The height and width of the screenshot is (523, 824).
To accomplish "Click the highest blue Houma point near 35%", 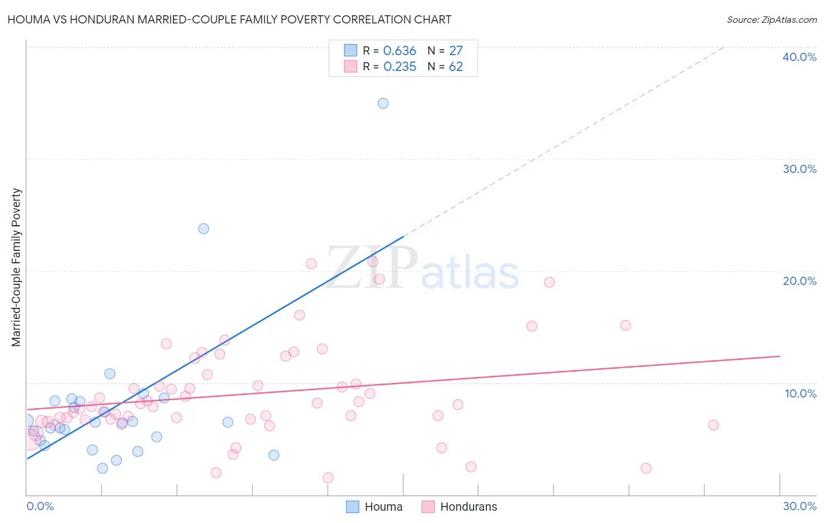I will [x=383, y=103].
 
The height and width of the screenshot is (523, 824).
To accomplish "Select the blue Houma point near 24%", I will [x=203, y=229].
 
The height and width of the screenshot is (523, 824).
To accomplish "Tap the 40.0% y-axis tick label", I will [x=799, y=57].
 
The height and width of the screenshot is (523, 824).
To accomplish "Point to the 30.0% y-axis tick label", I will [x=799, y=169].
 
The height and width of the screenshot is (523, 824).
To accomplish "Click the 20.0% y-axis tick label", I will [x=799, y=281].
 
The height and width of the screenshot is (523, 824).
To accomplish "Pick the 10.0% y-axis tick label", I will [x=801, y=393].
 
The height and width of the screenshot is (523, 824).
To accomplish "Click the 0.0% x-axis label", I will [x=40, y=506].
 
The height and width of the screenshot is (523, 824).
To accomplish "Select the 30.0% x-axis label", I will [x=799, y=506].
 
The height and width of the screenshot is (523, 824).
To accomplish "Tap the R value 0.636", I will [x=400, y=51].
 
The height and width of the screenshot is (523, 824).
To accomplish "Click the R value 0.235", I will [x=400, y=67].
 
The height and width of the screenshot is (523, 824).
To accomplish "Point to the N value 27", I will [x=456, y=51].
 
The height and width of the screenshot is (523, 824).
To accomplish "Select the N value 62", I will [x=456, y=67].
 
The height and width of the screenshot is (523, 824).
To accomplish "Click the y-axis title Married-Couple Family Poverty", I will [x=16, y=267].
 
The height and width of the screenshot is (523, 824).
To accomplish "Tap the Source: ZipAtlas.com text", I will [x=771, y=20].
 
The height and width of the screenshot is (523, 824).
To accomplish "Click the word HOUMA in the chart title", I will [x=28, y=20].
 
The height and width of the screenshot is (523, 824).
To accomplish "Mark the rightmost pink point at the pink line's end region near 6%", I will [x=713, y=425].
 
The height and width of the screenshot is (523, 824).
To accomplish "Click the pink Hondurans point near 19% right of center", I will [x=549, y=282].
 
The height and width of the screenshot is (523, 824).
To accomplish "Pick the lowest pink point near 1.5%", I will [x=328, y=478].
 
